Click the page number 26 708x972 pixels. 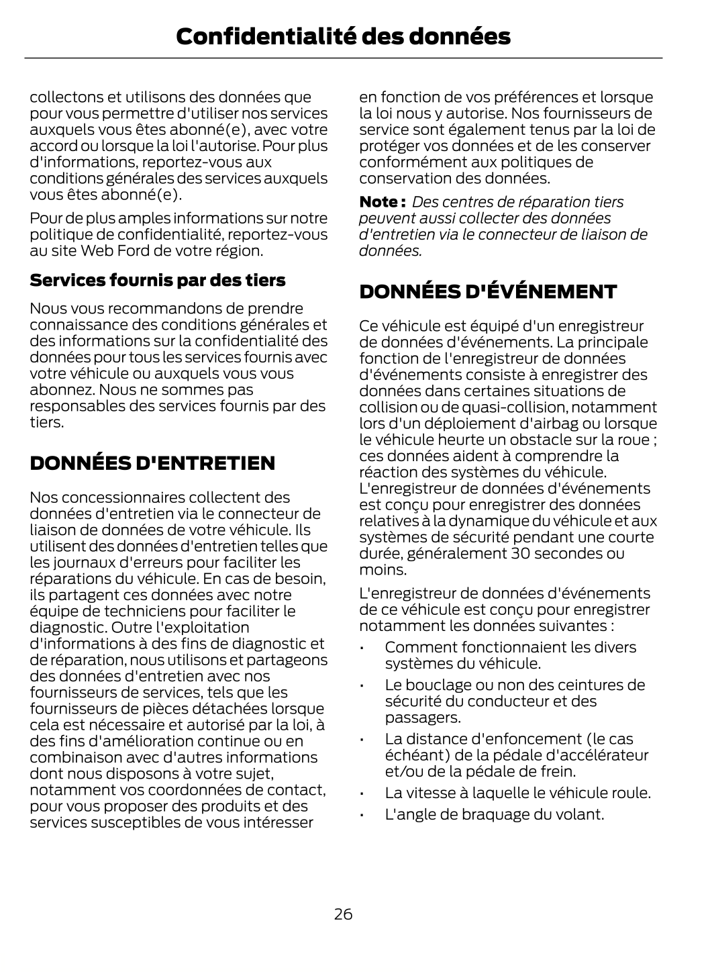click(x=343, y=914)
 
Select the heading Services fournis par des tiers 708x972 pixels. click(x=158, y=280)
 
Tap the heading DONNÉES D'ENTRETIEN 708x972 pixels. click(x=152, y=463)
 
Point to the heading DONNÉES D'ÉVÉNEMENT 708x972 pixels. click(x=488, y=292)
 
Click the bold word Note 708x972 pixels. click(x=380, y=202)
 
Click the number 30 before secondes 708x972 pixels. click(x=521, y=554)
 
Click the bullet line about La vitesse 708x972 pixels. click(x=517, y=793)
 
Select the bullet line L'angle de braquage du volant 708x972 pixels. click(x=494, y=814)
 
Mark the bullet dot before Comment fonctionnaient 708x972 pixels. click(x=362, y=648)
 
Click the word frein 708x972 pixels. click(x=558, y=771)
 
